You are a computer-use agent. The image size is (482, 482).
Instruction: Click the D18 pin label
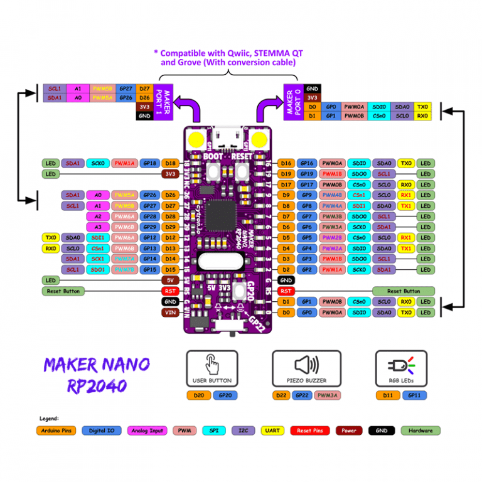[x=170, y=163]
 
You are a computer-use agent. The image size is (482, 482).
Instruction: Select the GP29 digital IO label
[x=149, y=227]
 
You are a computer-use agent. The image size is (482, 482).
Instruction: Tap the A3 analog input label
[x=98, y=227]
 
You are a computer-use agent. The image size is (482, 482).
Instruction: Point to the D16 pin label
[x=286, y=163]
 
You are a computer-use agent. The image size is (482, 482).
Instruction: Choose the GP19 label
[x=307, y=174]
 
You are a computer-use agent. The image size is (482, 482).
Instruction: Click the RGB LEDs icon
[x=400, y=365]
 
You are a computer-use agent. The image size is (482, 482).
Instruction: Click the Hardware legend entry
[x=420, y=431]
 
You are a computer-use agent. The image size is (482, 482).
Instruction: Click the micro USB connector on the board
[x=227, y=136]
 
